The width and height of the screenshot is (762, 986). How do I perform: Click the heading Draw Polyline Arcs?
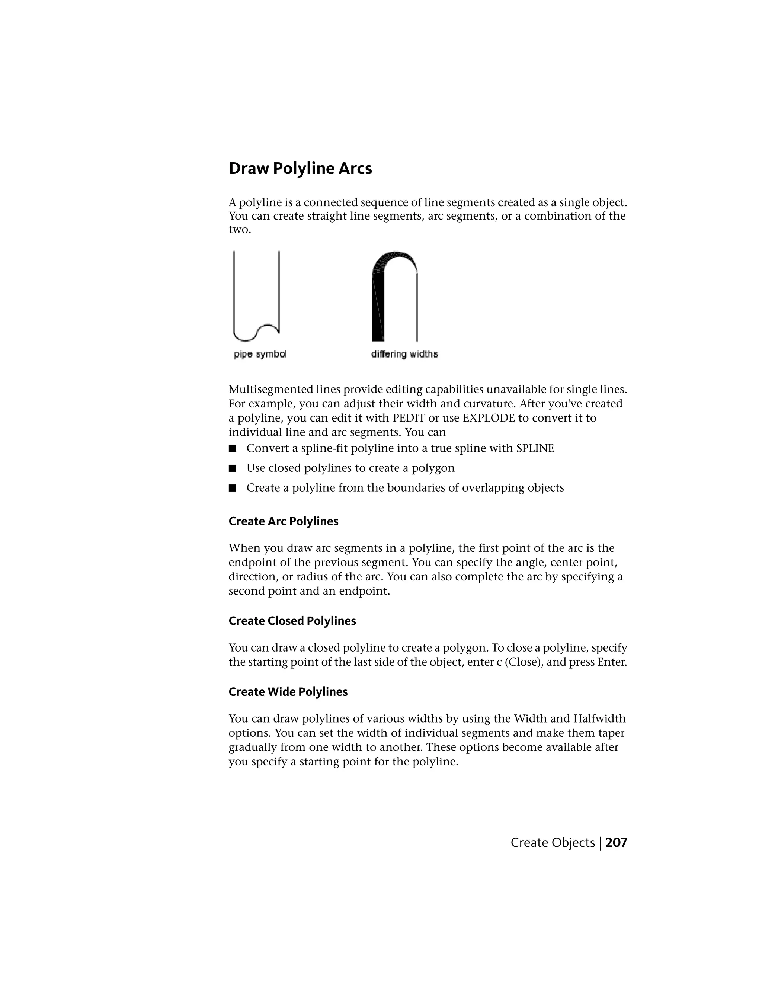coord(300,169)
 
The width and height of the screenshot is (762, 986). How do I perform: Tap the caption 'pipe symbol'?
coord(260,354)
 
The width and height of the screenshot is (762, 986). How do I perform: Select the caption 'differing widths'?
coord(404,354)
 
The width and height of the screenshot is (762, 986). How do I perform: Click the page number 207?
coord(616,842)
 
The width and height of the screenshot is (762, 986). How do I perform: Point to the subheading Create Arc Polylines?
coord(283,521)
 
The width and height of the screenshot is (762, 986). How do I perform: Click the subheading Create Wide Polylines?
coord(288,692)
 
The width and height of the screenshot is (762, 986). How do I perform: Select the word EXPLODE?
coord(489,418)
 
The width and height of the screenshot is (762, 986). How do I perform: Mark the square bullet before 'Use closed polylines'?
coord(233,468)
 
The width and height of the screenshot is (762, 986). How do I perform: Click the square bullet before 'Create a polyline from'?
coord(233,488)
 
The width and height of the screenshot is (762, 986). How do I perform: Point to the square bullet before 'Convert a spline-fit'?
coord(233,448)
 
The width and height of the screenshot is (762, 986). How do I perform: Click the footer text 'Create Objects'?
coord(553,842)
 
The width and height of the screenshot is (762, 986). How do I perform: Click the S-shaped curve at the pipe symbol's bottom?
coord(256,333)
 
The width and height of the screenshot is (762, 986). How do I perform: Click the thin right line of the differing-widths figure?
coord(417,307)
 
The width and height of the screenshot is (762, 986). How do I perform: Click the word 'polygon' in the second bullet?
coord(434,468)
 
